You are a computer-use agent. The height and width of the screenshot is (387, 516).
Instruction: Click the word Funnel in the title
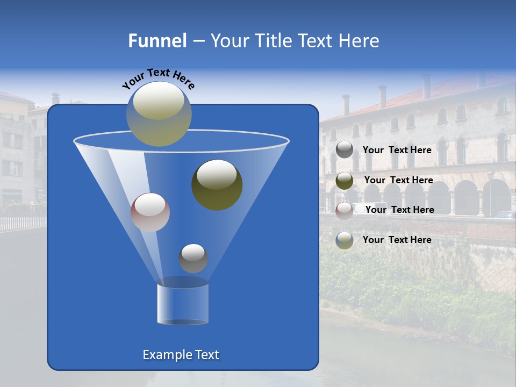pos(157,41)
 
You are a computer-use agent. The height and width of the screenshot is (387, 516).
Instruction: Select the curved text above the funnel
pos(158,78)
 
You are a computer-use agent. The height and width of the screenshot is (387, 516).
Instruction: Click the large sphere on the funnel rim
pos(159,113)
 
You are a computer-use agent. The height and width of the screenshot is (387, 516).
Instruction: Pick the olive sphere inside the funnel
pos(217,184)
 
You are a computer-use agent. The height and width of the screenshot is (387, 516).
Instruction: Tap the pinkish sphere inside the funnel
pos(150,212)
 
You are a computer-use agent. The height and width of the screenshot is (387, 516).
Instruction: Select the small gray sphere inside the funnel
pos(193,258)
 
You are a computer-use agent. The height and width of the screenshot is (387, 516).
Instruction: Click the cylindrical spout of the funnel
pos(182,303)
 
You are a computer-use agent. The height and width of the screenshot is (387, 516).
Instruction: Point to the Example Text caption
pos(181,355)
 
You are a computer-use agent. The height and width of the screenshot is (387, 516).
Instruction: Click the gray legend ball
pos(345,150)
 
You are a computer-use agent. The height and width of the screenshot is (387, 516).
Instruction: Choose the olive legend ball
pos(345,181)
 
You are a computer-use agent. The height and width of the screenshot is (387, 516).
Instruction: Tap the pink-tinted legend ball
pos(345,210)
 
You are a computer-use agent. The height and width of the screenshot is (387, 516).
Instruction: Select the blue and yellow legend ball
pos(345,240)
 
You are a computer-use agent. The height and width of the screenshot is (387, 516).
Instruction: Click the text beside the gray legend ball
pos(397,150)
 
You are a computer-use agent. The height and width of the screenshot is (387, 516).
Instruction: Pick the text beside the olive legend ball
pos(398,181)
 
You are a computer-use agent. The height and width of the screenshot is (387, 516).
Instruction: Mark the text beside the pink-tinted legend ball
pos(399,210)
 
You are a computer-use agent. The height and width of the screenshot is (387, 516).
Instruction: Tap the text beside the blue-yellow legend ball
pos(397,240)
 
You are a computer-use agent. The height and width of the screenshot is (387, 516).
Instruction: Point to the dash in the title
pos(198,41)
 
